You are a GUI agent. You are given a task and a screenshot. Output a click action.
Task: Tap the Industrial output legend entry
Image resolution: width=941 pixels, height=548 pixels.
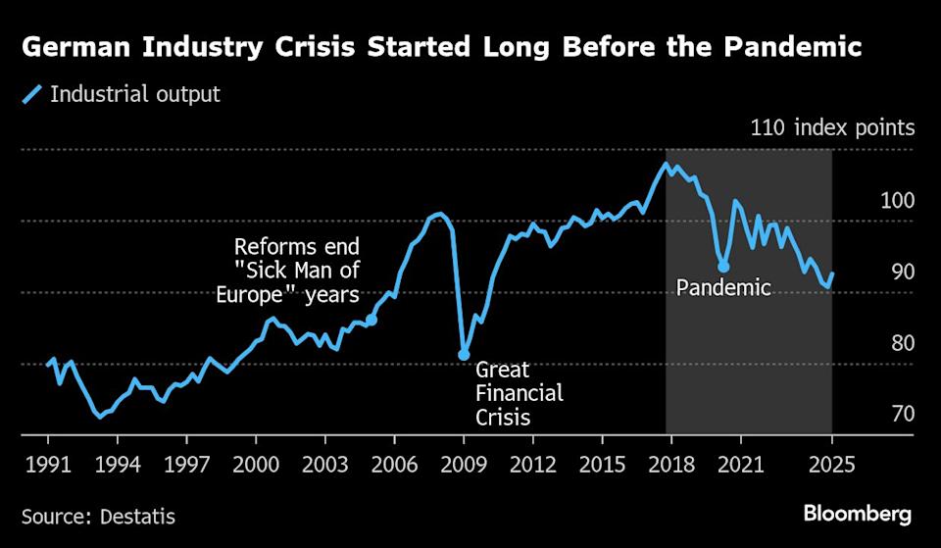click(x=123, y=95)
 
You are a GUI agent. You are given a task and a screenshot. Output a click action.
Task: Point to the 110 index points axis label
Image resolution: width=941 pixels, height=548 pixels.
click(x=832, y=127)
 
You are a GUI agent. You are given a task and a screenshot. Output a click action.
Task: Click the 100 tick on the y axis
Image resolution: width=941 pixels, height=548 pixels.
click(x=897, y=201)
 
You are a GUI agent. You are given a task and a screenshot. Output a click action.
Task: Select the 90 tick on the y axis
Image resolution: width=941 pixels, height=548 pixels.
click(x=897, y=272)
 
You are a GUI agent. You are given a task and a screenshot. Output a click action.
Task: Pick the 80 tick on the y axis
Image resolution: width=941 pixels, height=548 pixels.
click(x=897, y=343)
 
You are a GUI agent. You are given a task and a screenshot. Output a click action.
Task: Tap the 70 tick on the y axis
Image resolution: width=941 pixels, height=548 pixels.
click(x=897, y=414)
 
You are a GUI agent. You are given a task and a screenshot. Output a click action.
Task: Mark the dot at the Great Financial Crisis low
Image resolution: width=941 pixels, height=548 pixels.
click(x=464, y=354)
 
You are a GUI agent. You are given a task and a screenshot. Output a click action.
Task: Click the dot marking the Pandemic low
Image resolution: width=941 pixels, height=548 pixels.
click(x=723, y=266)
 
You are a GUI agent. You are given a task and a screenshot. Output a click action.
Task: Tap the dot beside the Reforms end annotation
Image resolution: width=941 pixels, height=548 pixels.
click(x=371, y=320)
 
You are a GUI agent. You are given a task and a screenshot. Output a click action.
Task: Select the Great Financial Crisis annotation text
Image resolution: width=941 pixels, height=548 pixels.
click(x=519, y=394)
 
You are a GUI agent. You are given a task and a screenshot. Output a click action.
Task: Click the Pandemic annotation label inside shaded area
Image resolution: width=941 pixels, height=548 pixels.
click(x=724, y=288)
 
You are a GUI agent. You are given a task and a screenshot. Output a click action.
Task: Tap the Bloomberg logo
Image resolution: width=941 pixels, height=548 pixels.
click(x=858, y=514)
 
